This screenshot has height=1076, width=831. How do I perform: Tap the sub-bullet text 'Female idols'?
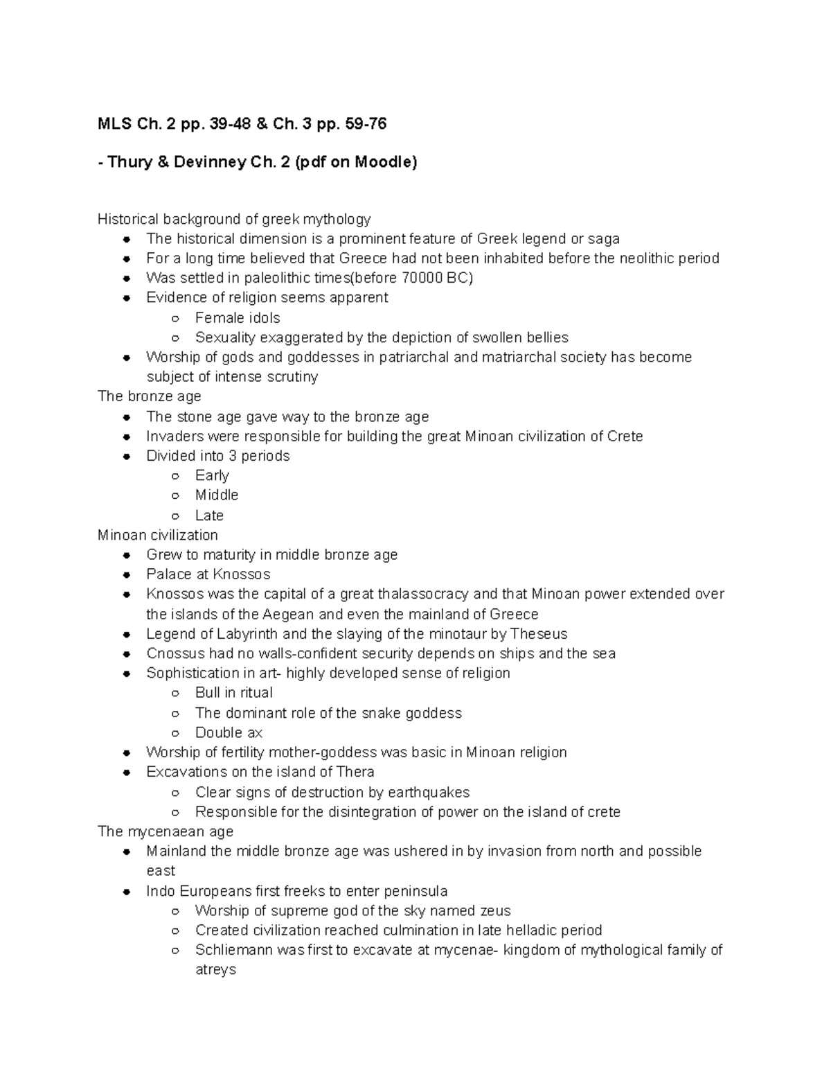click(238, 318)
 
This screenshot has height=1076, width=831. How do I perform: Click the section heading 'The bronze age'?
click(149, 396)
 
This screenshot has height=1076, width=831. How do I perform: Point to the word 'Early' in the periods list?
click(212, 475)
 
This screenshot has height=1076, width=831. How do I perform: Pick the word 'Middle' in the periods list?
click(217, 495)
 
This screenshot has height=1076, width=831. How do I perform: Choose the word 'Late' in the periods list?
click(209, 515)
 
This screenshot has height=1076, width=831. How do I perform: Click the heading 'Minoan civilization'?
click(158, 535)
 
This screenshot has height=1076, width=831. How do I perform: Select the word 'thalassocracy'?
click(423, 594)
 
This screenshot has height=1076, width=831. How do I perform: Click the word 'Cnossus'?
click(176, 653)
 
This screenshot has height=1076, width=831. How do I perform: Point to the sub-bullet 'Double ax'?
click(229, 732)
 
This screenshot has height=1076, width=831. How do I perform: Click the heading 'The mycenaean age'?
click(166, 831)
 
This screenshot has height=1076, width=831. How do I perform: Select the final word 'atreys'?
click(215, 969)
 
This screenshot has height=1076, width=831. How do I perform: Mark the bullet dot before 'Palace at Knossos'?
click(127, 575)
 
